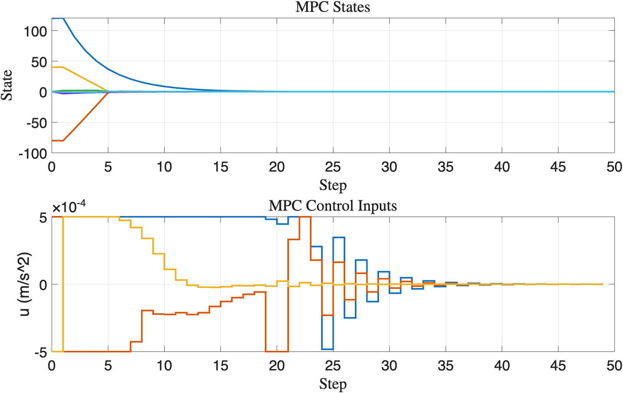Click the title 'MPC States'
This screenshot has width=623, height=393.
pyautogui.click(x=333, y=7)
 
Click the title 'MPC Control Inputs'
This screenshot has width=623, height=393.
pyautogui.click(x=333, y=206)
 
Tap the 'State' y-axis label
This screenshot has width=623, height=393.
pyautogui.click(x=7, y=85)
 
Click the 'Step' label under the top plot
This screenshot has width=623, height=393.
pyautogui.click(x=333, y=185)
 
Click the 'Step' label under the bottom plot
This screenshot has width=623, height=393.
pyautogui.click(x=333, y=384)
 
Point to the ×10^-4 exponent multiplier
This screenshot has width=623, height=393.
pyautogui.click(x=69, y=207)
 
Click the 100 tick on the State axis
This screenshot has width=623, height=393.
pyautogui.click(x=35, y=31)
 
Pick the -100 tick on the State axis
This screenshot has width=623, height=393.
pyautogui.click(x=33, y=154)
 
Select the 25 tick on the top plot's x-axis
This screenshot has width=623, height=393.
pyautogui.click(x=333, y=167)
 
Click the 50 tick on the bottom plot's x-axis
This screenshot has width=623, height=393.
pyautogui.click(x=614, y=366)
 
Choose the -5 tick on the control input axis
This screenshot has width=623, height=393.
pyautogui.click(x=41, y=353)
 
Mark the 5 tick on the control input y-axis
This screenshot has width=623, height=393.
pyautogui.click(x=43, y=218)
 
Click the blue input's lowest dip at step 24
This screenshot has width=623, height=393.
pyautogui.click(x=327, y=349)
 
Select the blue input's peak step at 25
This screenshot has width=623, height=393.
pyautogui.click(x=339, y=238)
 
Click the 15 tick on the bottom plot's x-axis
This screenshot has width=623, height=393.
pyautogui.click(x=221, y=366)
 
